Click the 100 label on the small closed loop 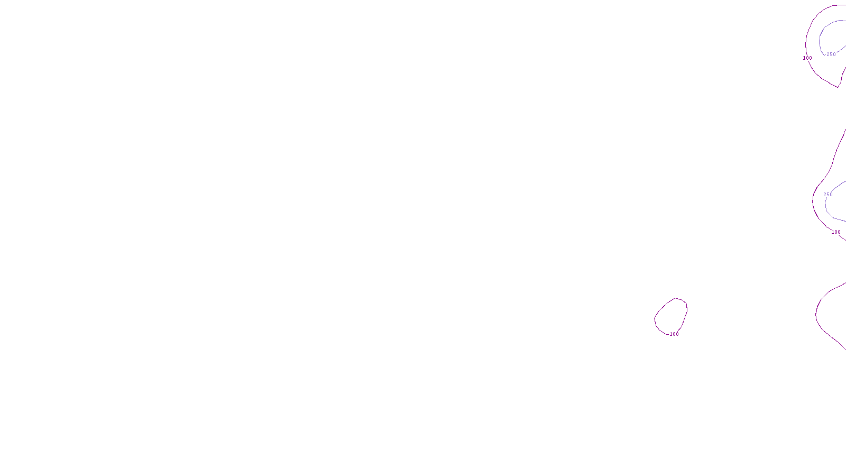pyautogui.click(x=674, y=334)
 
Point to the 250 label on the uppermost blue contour pyautogui.click(x=831, y=54)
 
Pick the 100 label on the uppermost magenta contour pyautogui.click(x=807, y=58)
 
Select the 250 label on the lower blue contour pyautogui.click(x=828, y=195)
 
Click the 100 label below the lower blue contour pyautogui.click(x=836, y=232)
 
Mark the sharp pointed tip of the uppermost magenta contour pyautogui.click(x=838, y=87)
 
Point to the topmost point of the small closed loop pyautogui.click(x=675, y=298)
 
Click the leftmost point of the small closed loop pyautogui.click(x=655, y=319)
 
